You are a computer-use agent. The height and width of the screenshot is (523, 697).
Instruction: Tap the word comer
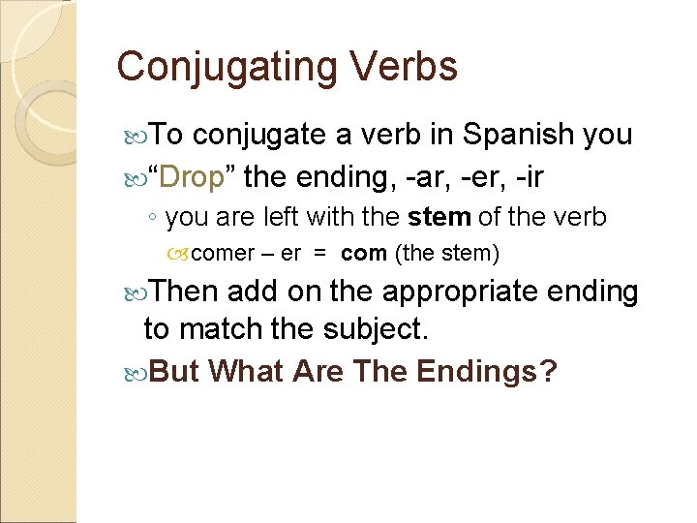(226, 254)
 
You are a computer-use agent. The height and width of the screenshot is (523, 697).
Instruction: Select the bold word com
(364, 254)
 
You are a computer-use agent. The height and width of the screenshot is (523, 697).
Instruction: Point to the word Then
(186, 291)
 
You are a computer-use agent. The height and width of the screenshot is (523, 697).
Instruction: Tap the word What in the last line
(245, 370)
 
